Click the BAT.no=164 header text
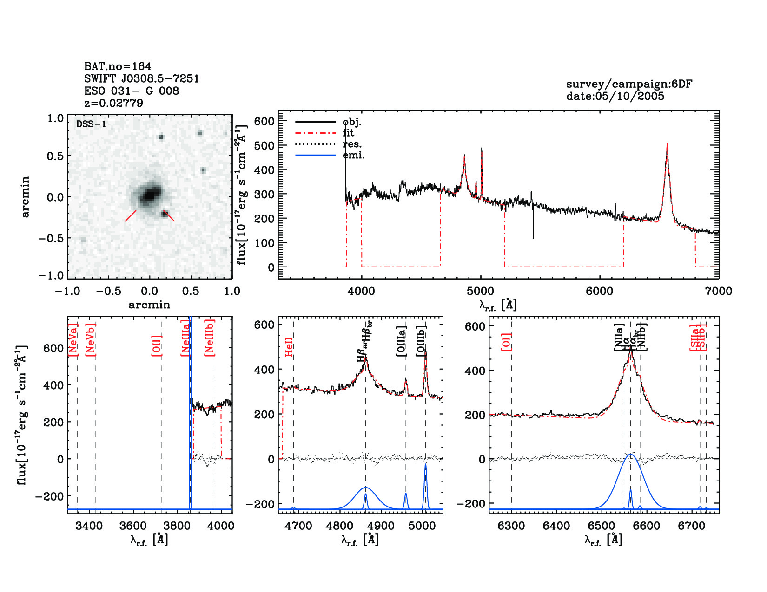(x=117, y=66)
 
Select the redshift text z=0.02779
(x=113, y=103)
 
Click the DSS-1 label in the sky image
(x=91, y=124)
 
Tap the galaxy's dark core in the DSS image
(x=149, y=194)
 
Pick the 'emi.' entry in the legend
(x=354, y=155)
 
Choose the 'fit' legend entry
(x=348, y=133)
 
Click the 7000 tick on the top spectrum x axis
(x=718, y=291)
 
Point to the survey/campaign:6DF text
(x=629, y=84)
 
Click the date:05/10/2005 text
(x=615, y=96)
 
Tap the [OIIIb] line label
(x=421, y=341)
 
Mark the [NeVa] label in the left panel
(x=73, y=340)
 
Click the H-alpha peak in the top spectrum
(x=667, y=145)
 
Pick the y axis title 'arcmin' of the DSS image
(x=25, y=197)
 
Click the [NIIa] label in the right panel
(x=619, y=337)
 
